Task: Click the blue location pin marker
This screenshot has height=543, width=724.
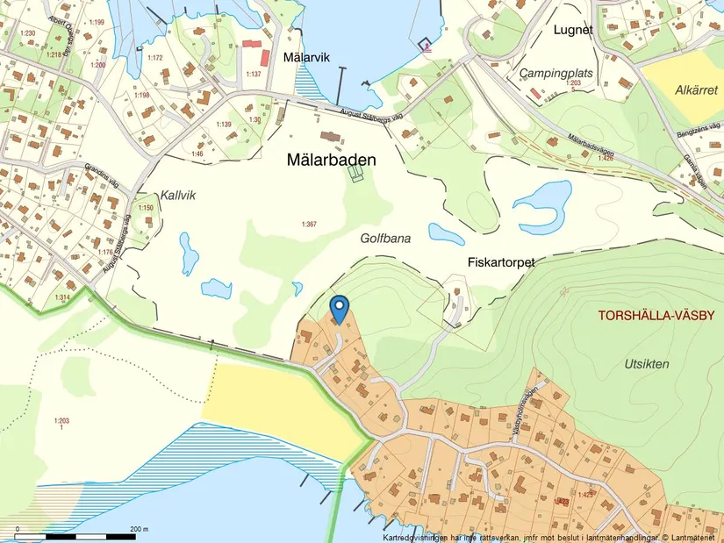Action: click(x=339, y=308)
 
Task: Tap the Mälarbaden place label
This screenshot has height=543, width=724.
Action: click(x=332, y=161)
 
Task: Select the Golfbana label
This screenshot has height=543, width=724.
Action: click(x=385, y=238)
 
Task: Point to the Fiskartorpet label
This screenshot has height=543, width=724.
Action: click(x=501, y=261)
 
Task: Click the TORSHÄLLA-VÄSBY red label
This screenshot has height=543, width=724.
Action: click(x=656, y=316)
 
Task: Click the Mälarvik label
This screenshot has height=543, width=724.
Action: click(x=305, y=57)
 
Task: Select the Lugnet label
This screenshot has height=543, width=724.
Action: click(x=573, y=29)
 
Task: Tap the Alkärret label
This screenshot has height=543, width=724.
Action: click(x=697, y=90)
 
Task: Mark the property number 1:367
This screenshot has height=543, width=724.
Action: click(x=308, y=225)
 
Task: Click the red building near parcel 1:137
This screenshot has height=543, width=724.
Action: click(x=253, y=44)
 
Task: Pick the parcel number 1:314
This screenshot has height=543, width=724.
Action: click(x=62, y=298)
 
